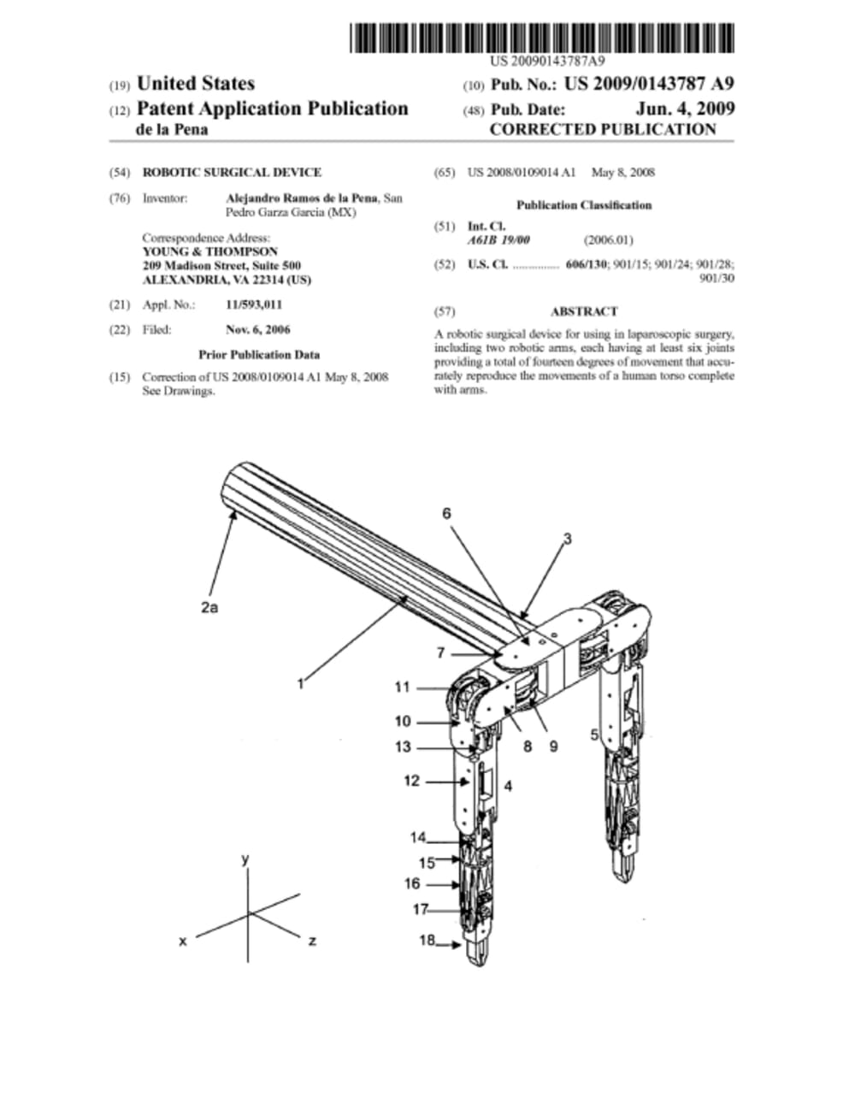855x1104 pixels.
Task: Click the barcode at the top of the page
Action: pos(541,38)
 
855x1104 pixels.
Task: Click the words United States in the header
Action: pos(195,84)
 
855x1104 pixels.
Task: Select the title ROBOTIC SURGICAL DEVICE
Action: pos(231,172)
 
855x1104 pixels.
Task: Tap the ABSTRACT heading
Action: pos(584,311)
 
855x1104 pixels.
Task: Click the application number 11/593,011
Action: pos(254,304)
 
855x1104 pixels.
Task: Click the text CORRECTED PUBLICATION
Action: pos(602,129)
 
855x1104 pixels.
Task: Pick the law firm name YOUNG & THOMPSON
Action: pos(209,252)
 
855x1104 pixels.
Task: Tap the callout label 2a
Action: pos(209,607)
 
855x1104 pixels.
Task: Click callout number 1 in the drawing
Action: pos(300,683)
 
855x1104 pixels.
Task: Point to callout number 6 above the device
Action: pos(445,513)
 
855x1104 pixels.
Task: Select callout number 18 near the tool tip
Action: pos(427,940)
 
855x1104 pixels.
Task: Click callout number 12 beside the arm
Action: pos(411,780)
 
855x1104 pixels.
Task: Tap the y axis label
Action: pos(245,859)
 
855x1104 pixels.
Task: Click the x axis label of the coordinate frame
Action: pos(183,941)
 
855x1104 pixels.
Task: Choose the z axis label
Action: pos(313,941)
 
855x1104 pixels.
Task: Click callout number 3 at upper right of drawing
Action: pos(567,538)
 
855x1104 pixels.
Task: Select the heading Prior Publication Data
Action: pos(259,354)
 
